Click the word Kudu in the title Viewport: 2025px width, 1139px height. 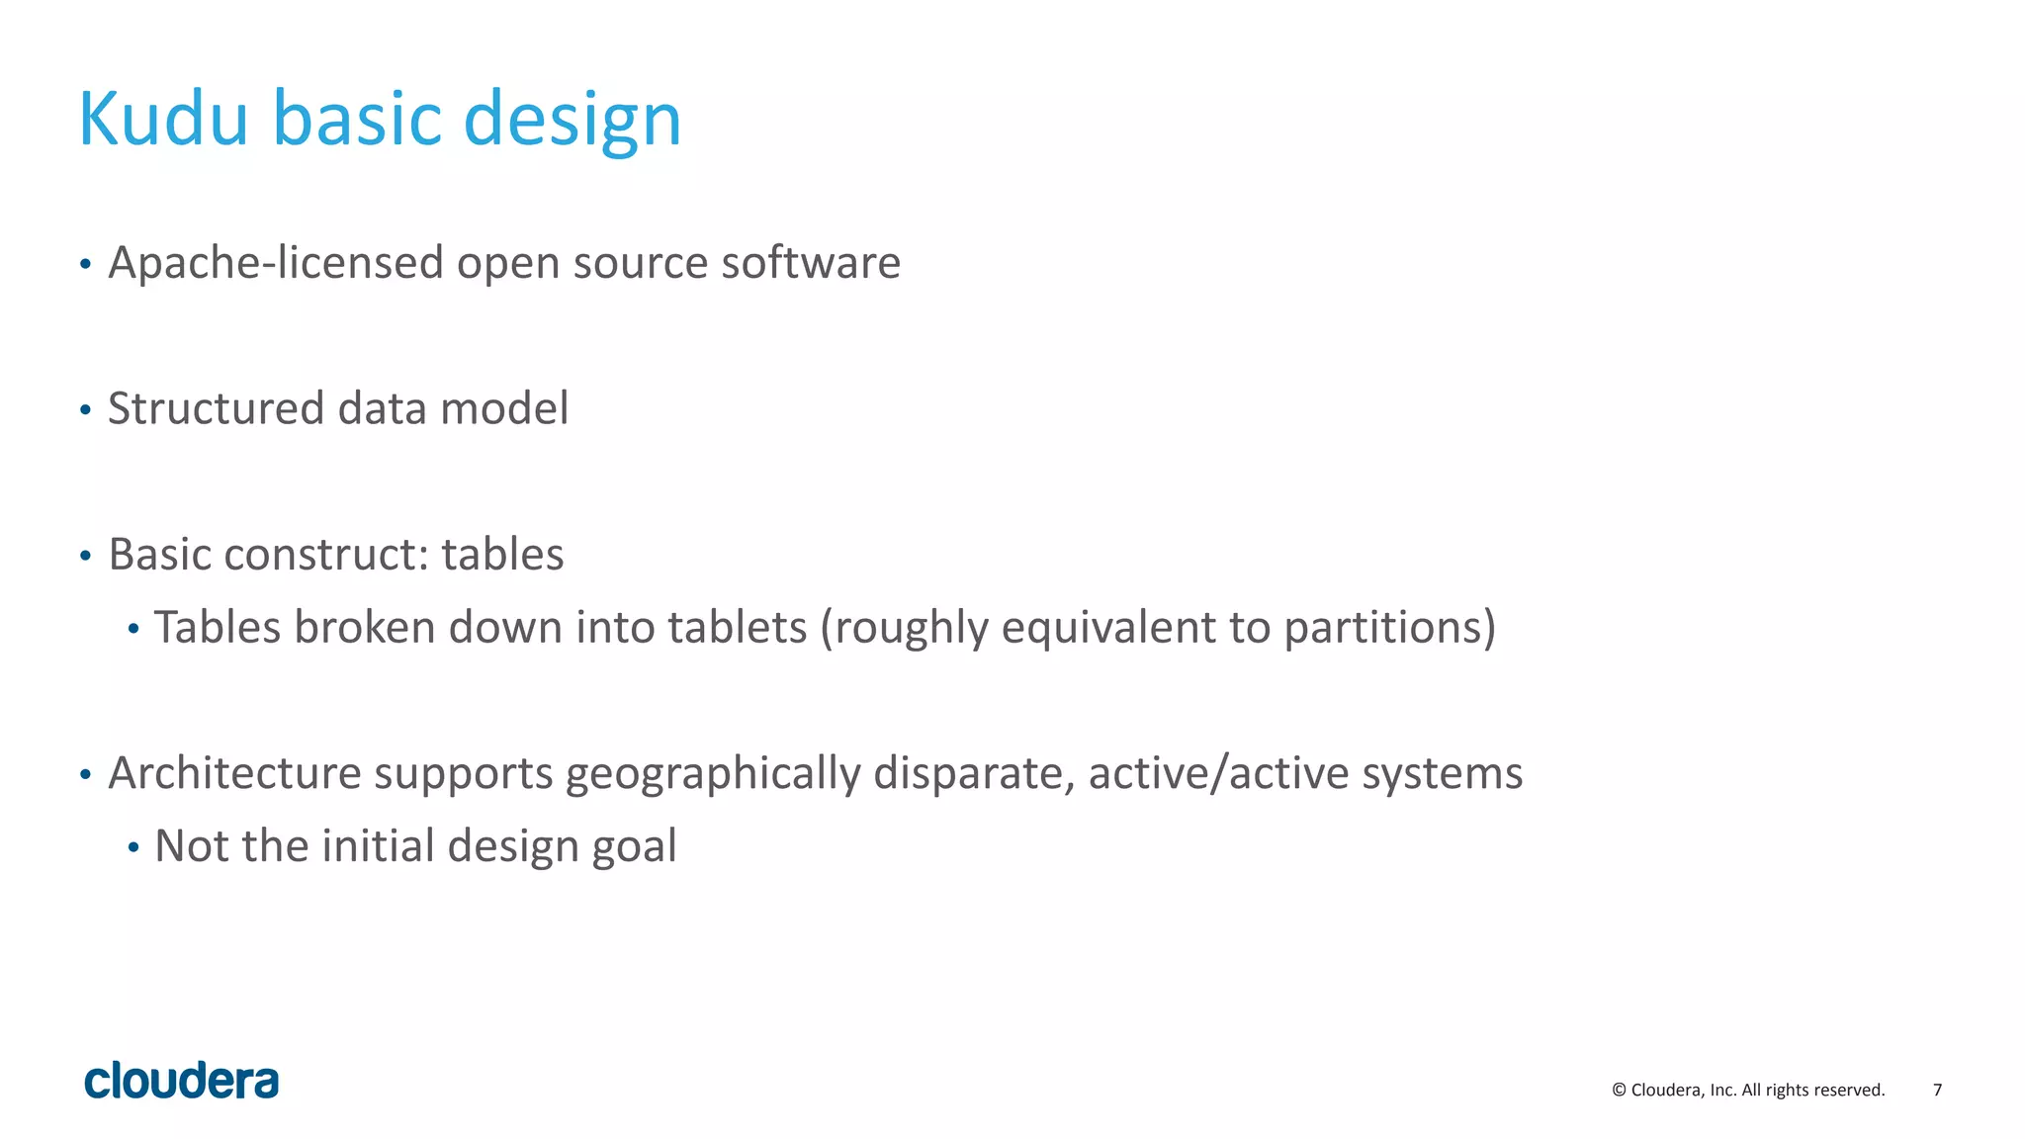(163, 119)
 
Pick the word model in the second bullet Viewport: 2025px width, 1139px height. (504, 408)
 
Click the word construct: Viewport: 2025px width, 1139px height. (326, 555)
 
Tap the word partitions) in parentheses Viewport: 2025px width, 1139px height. (1389, 629)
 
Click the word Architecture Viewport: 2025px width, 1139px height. (234, 773)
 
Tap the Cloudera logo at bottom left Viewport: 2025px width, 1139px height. (182, 1081)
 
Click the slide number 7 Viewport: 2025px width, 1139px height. (1937, 1090)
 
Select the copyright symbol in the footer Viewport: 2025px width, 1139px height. (1619, 1090)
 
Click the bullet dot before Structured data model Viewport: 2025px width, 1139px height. (85, 409)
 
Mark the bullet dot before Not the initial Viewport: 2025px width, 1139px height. (133, 847)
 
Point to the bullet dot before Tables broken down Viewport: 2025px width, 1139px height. (133, 629)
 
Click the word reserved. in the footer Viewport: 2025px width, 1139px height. (1852, 1090)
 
